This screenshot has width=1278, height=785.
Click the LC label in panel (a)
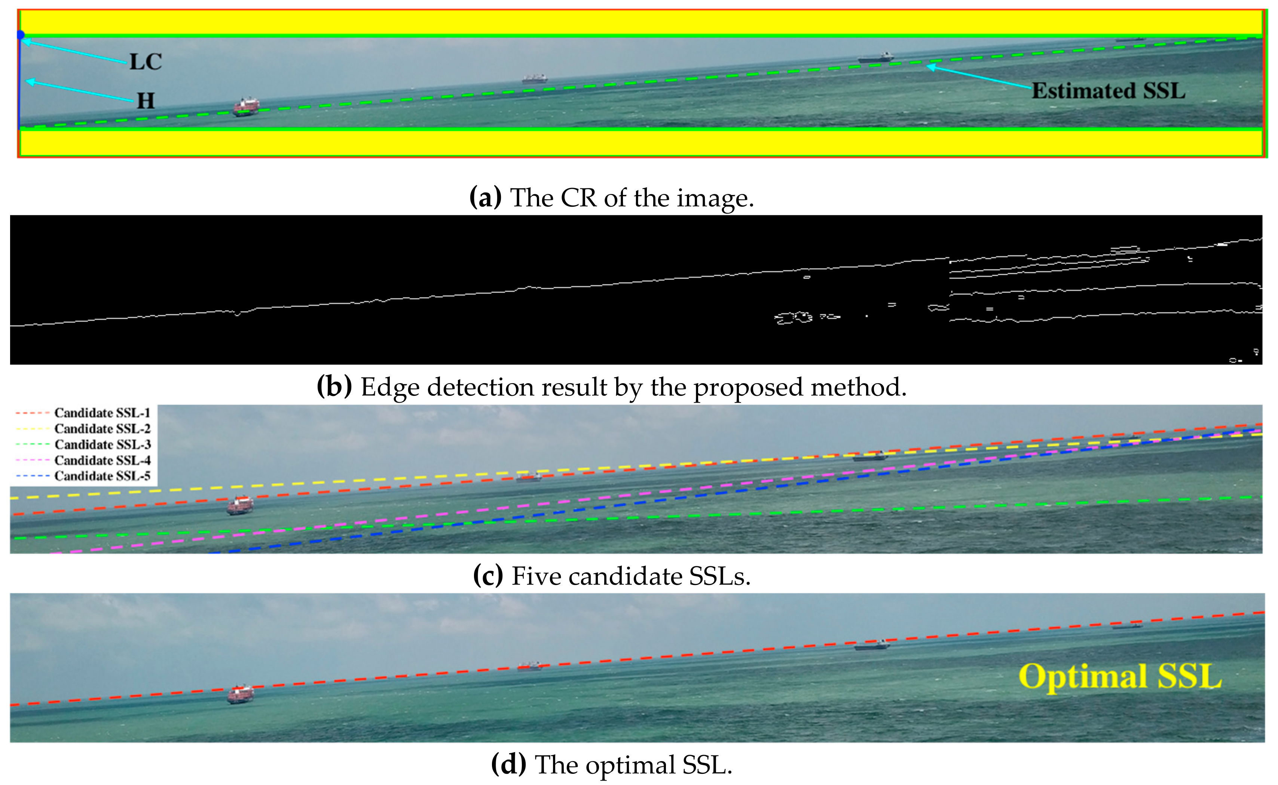pos(146,61)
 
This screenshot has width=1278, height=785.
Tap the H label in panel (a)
pos(146,101)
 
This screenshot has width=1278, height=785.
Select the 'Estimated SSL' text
pos(1108,91)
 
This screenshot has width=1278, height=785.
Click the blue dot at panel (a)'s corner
pos(20,35)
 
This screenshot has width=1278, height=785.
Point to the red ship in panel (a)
pos(246,107)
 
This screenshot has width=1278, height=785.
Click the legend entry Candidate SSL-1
pos(102,413)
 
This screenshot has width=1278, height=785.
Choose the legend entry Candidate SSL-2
pos(102,429)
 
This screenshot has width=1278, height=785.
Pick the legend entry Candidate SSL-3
pos(102,444)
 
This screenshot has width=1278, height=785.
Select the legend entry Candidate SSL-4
pos(102,461)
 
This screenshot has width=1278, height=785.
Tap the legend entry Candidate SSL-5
pos(102,476)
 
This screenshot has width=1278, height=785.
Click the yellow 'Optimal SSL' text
pos(1119,677)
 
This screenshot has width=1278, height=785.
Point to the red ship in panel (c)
pos(240,505)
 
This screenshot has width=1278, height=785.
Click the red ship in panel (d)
pos(240,694)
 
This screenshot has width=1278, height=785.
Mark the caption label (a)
pos(485,198)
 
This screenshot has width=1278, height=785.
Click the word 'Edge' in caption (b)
pos(389,387)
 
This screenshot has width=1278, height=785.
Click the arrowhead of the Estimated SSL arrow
pos(930,67)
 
